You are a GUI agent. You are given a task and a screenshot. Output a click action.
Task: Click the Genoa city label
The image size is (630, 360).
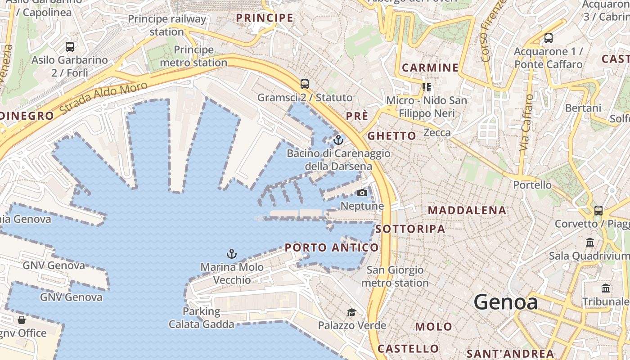[505, 302]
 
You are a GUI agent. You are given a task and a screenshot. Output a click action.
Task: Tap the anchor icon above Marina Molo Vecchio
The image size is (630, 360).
[231, 254]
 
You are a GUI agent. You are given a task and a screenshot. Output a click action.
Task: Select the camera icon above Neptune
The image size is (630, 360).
[362, 193]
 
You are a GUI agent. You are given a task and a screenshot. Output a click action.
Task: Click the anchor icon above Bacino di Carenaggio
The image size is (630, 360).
[338, 140]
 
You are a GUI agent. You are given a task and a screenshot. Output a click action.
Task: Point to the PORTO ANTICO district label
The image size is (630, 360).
[332, 247]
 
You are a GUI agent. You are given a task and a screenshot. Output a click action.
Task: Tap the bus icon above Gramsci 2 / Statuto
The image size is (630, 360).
[305, 84]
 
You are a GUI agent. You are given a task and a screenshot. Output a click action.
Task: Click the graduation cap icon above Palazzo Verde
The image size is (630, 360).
[351, 312]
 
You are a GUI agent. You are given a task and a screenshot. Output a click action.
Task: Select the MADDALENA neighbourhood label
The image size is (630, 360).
[467, 210]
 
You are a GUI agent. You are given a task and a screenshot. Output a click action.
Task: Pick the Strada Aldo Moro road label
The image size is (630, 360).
[103, 98]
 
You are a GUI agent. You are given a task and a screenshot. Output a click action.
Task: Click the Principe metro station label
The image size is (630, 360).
[193, 56]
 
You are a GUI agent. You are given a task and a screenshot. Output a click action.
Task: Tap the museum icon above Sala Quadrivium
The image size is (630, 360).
[590, 243]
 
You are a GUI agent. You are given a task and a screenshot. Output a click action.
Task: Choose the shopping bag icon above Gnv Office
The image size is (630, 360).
[21, 320]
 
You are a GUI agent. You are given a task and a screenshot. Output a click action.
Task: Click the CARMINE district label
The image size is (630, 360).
[430, 68]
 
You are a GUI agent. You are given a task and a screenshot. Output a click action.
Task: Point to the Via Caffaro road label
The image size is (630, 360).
[526, 122]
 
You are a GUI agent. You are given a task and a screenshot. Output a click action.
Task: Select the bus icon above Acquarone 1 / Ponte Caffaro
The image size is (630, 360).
[548, 38]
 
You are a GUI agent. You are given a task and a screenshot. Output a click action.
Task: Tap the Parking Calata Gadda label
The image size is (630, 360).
[201, 318]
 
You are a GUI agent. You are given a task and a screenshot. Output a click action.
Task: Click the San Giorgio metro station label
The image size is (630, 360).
[395, 276]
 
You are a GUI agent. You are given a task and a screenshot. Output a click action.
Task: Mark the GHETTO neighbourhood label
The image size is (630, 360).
[391, 136]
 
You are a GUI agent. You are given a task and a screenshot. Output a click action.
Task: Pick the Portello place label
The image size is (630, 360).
[532, 185]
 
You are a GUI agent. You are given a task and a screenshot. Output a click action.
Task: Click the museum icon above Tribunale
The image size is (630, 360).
[606, 288]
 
